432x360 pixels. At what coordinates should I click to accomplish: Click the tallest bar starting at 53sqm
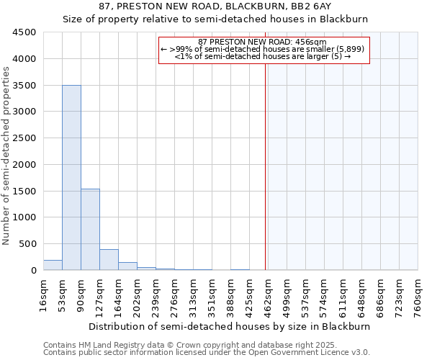[x=71, y=177]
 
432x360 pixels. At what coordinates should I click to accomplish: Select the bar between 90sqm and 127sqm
[x=90, y=229]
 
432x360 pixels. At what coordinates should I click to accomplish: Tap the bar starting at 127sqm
[x=109, y=259]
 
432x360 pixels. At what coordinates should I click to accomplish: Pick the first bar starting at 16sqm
[x=53, y=265]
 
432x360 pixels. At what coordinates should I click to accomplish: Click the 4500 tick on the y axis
[x=24, y=32]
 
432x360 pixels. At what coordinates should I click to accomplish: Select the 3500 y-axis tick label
[x=24, y=86]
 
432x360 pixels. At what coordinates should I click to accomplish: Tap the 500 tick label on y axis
[x=27, y=244]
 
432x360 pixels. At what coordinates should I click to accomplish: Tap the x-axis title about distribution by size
[x=230, y=326]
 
